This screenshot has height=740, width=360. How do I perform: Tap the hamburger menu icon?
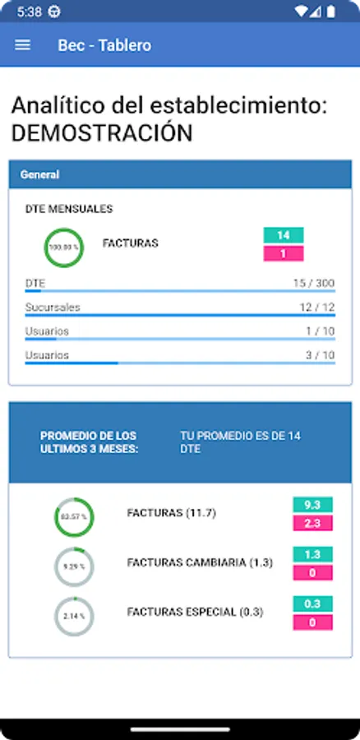[x=23, y=45]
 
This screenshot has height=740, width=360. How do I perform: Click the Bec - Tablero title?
[x=104, y=45]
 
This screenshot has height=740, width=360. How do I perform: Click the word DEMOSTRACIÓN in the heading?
[x=102, y=132]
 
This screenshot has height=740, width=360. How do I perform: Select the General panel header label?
[x=39, y=174]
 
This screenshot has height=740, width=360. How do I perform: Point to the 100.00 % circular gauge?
[x=63, y=247]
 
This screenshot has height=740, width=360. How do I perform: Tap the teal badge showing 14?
[x=284, y=235]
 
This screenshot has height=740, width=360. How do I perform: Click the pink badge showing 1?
[x=284, y=254]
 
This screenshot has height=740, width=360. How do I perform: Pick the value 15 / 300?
[x=314, y=284]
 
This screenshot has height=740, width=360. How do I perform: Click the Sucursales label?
[x=53, y=308]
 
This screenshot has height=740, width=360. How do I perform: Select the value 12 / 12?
[x=317, y=308]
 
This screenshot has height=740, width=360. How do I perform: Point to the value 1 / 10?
[x=320, y=331]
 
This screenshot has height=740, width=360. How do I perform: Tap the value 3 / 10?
[x=320, y=355]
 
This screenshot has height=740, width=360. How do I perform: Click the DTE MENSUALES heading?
[x=69, y=210]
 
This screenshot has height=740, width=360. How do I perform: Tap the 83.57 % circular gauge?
[x=75, y=517]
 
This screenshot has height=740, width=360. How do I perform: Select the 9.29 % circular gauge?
[x=75, y=567]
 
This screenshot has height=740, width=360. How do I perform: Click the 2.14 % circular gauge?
[x=75, y=616]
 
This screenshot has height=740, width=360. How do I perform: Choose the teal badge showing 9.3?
[x=312, y=505]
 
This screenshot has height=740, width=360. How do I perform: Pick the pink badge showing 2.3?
[x=312, y=523]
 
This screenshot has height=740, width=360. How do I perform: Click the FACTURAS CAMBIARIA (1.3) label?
[x=200, y=562]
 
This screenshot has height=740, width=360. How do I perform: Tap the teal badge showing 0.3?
[x=312, y=604]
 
